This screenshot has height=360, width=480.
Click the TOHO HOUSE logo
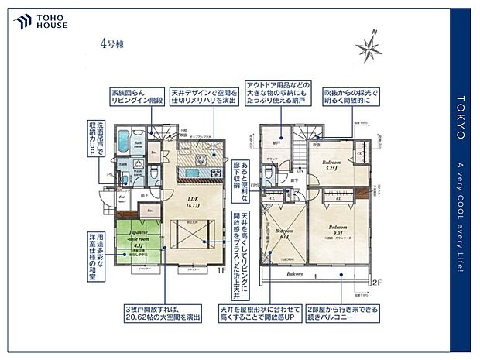click(40, 21)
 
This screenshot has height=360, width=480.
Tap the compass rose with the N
click(370, 47)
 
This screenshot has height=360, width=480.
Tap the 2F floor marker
click(376, 283)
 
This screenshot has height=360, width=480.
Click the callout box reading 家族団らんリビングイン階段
click(139, 95)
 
